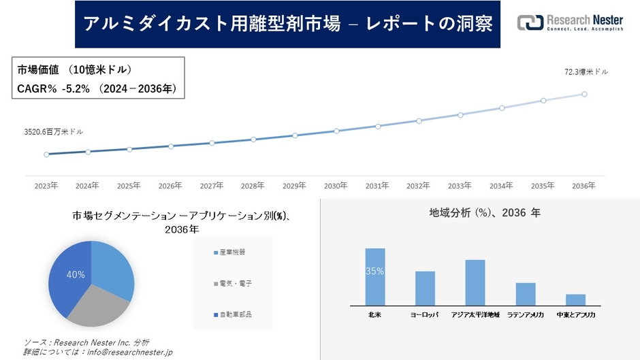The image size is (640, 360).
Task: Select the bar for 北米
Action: click(x=375, y=277)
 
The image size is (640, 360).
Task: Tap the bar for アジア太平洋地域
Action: click(x=475, y=282)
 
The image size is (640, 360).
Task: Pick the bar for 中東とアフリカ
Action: click(x=575, y=299)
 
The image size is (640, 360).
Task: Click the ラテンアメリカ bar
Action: click(x=526, y=294)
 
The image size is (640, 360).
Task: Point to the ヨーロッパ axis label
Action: click(x=425, y=315)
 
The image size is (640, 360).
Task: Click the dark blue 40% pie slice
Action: click(x=68, y=276)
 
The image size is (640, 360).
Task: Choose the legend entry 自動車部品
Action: click(x=231, y=314)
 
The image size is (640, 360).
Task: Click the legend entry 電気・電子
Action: click(x=231, y=283)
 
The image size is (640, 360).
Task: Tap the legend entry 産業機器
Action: click(x=231, y=252)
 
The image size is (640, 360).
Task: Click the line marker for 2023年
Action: click(x=46, y=154)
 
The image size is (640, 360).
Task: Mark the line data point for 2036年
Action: click(x=584, y=94)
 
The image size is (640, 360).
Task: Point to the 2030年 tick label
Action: click(x=336, y=185)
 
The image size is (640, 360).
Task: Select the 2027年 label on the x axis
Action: click(x=212, y=185)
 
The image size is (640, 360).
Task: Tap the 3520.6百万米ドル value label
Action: click(x=53, y=131)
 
